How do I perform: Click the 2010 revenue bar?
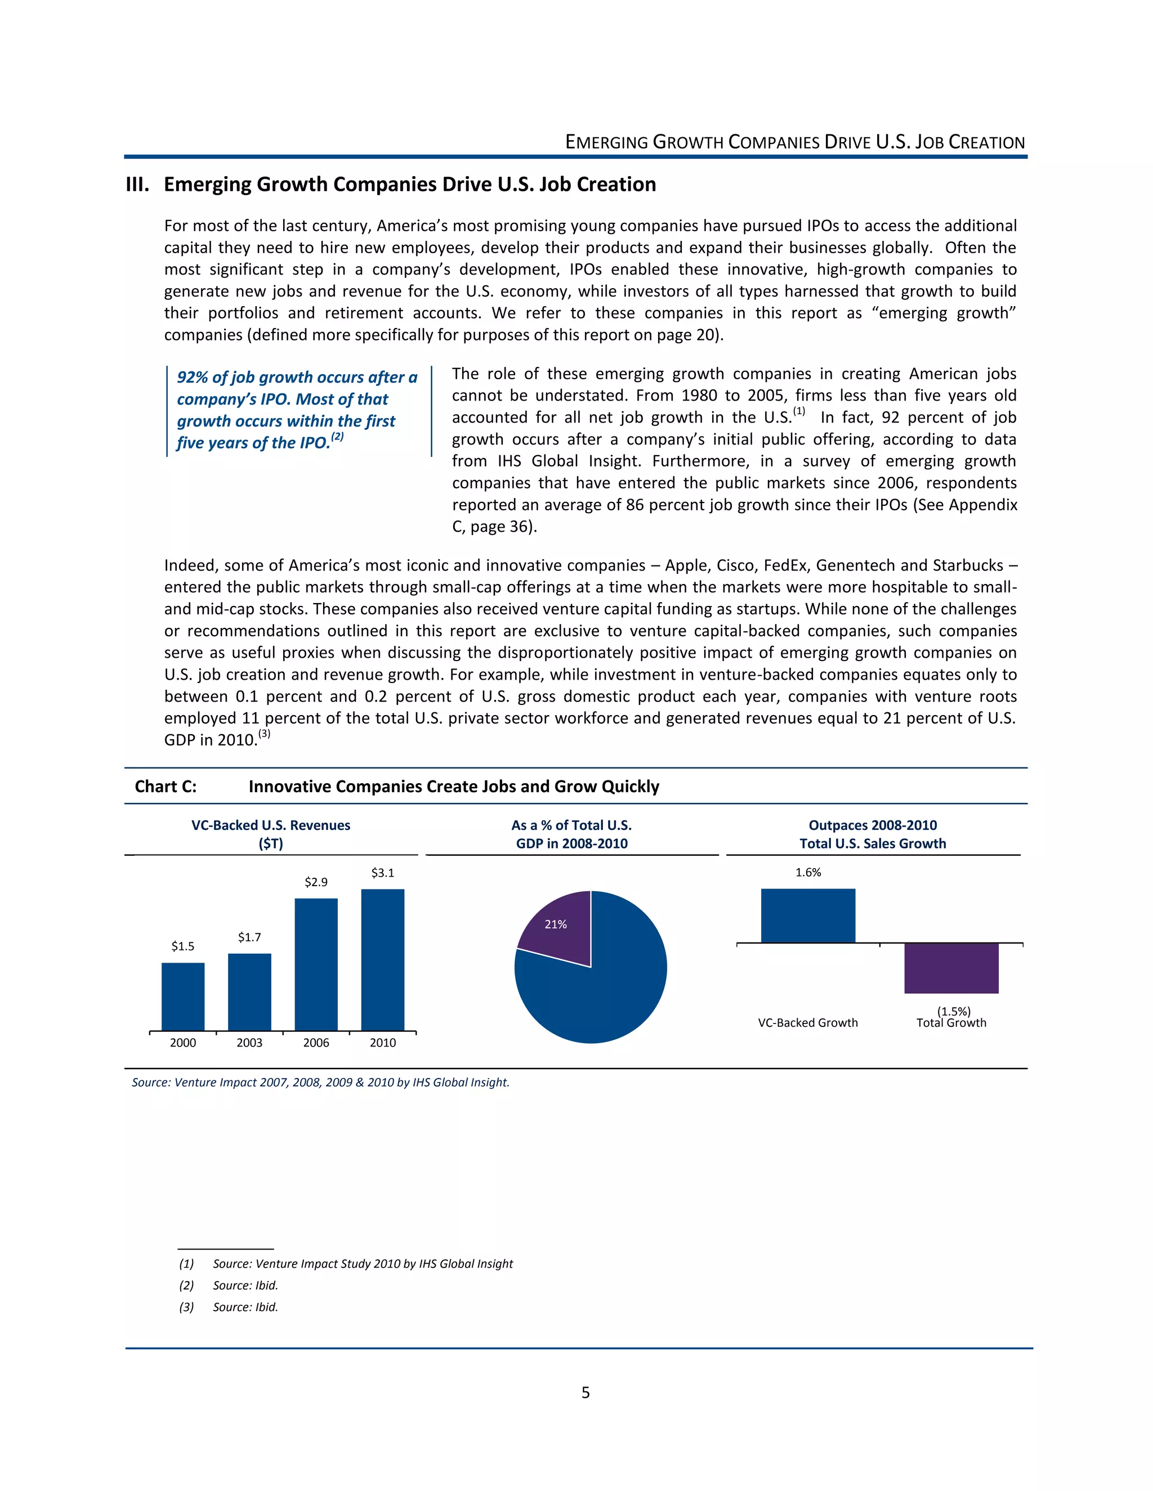coord(382,959)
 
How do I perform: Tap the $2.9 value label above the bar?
coord(316,882)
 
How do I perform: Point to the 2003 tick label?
coord(249,1043)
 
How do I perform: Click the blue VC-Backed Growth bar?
coord(807,915)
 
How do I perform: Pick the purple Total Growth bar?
coord(951,968)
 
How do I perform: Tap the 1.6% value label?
coord(808,873)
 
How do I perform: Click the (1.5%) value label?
coord(954,1011)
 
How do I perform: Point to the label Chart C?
coord(166,787)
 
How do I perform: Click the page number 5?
coord(586,1393)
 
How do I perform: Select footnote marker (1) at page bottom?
coord(186,1264)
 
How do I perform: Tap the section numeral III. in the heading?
coord(137,185)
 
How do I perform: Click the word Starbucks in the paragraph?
coord(968,565)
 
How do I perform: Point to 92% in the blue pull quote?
coord(192,378)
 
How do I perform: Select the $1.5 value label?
coord(182,946)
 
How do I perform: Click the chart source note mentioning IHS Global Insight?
coord(320,1082)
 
